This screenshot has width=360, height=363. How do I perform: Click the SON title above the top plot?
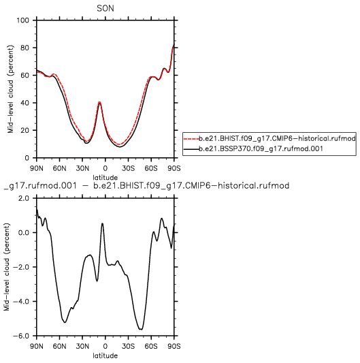105,9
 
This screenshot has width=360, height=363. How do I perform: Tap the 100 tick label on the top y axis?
22,20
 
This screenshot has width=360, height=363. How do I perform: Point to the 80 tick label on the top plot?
25,48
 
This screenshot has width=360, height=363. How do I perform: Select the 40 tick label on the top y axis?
25,103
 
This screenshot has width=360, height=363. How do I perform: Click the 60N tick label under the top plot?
59,168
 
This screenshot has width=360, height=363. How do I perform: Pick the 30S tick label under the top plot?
128,168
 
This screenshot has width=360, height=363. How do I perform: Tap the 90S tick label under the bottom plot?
174,347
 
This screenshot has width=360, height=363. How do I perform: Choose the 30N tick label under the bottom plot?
82,347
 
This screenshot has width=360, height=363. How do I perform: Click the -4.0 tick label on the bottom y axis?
21,302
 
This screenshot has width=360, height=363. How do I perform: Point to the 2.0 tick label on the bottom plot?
24,198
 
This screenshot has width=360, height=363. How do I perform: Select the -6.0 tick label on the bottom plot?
21,336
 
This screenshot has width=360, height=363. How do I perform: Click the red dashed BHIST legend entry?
269,138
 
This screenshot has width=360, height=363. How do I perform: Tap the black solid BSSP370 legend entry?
253,148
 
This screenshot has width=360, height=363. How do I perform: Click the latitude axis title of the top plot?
105,178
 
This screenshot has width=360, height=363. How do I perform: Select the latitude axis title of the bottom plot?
105,356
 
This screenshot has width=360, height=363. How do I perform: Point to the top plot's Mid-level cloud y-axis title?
10,89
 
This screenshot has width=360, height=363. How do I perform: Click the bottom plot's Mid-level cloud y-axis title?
7,267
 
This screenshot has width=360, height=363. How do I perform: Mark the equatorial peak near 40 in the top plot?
99,102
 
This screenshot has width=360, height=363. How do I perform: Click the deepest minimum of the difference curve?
141,329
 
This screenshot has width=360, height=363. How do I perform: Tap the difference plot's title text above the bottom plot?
147,186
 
